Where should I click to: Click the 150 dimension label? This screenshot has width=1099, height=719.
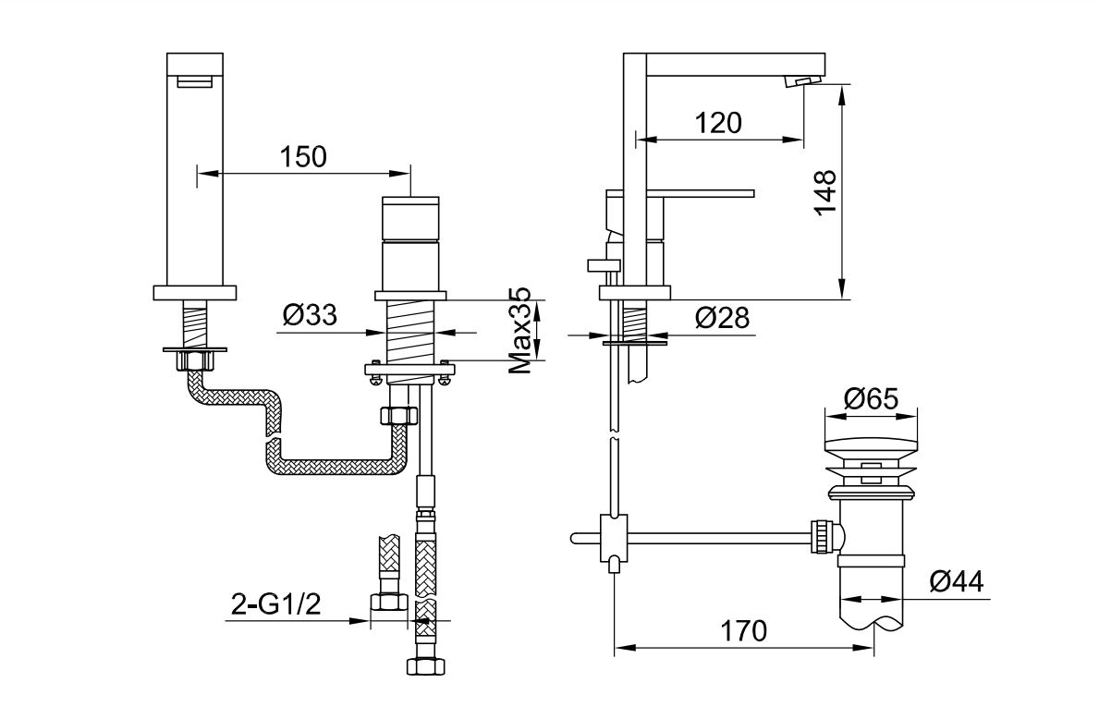click(303, 156)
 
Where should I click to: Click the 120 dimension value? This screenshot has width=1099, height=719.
click(718, 123)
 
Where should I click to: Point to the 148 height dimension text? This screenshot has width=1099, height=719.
click(825, 193)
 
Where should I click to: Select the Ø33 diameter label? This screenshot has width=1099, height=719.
click(310, 315)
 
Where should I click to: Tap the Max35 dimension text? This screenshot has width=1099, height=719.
click(520, 330)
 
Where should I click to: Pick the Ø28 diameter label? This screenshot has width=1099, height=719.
click(722, 318)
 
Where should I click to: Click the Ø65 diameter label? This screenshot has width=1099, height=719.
click(871, 399)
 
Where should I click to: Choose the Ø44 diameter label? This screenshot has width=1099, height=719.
click(957, 581)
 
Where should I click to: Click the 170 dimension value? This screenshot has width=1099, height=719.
click(743, 630)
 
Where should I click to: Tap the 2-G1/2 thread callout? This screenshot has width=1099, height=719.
click(275, 603)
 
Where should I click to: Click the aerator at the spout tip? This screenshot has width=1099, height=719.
click(800, 81)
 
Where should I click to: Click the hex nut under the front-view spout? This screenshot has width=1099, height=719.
click(196, 361)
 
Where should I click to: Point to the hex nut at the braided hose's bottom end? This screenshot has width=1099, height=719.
click(425, 665)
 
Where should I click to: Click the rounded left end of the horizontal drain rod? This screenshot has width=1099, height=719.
click(574, 538)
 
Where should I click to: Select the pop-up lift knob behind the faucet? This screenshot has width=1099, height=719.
click(604, 264)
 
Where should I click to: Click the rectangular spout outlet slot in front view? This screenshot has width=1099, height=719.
click(194, 83)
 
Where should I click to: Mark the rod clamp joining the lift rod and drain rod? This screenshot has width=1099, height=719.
click(614, 538)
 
